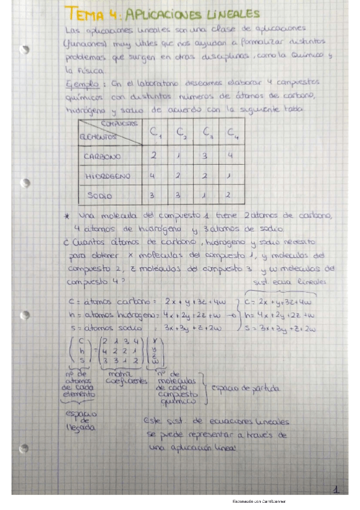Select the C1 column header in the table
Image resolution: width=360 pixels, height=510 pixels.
[155, 132]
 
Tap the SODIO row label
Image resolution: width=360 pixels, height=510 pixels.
[99, 196]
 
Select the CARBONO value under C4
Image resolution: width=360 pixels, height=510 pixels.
[230, 156]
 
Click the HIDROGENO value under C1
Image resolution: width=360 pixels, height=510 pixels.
[153, 176]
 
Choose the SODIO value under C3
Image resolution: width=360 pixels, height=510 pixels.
[205, 196]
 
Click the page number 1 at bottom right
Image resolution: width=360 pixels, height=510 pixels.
[337, 490]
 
